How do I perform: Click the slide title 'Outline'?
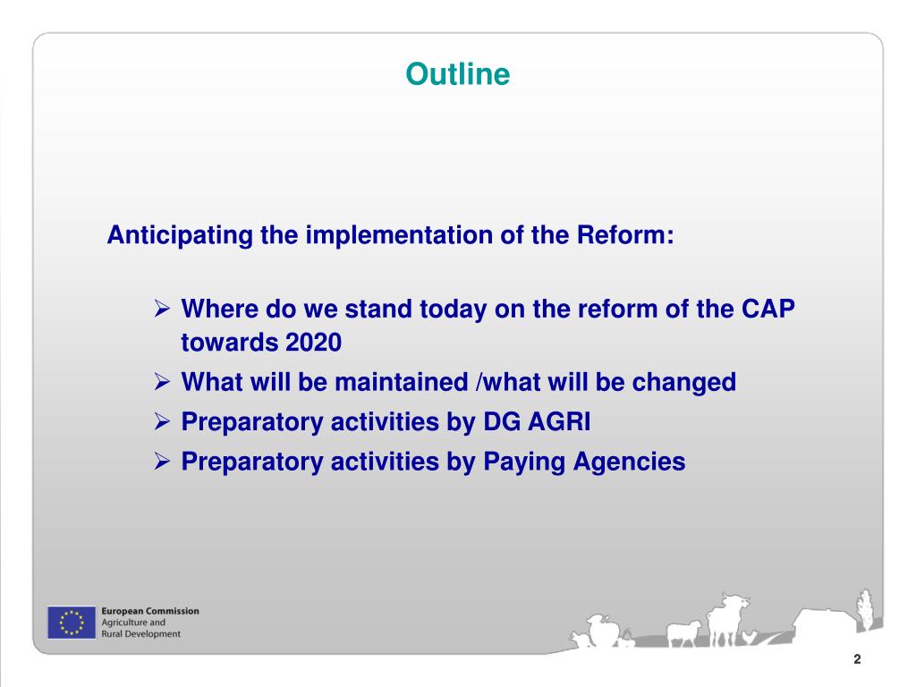tap(457, 74)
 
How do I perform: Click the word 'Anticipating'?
tap(180, 235)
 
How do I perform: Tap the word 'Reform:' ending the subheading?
tap(625, 235)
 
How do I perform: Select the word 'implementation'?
tap(399, 235)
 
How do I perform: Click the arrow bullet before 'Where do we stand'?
tap(162, 308)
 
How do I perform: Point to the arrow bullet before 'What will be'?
tap(162, 381)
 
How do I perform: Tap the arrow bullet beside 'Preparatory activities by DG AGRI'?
tap(162, 421)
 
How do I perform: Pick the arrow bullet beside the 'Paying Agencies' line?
tap(162, 461)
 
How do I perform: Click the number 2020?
tap(314, 343)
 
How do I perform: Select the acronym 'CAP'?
tap(768, 309)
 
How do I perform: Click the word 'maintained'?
tap(402, 382)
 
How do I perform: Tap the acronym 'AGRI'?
tap(559, 422)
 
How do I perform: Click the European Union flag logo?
tap(72, 623)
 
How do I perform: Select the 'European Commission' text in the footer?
tap(150, 611)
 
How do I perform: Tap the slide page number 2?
tap(857, 659)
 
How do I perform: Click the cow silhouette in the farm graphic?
tap(726, 619)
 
